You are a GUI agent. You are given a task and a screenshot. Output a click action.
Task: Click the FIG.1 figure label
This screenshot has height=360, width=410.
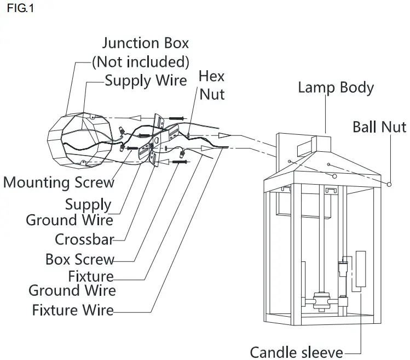[x=20, y=8]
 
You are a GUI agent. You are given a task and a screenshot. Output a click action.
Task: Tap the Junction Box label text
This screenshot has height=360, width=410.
[x=146, y=43]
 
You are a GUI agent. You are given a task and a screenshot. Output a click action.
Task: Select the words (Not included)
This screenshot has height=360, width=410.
[x=141, y=62]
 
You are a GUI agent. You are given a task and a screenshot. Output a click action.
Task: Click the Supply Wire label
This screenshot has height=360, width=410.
[x=146, y=81]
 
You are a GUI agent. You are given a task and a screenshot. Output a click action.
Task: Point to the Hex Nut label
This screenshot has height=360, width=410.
[x=211, y=85]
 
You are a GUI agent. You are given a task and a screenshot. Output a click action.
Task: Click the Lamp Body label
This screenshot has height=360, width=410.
[x=336, y=88]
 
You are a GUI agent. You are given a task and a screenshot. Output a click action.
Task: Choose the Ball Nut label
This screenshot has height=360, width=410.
[x=379, y=127]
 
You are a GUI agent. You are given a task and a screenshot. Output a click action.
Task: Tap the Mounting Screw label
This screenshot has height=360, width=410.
[x=59, y=182]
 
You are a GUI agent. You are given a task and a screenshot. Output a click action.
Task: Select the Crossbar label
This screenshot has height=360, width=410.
[x=84, y=239]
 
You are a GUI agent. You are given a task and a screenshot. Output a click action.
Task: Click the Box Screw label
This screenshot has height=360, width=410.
[x=80, y=259]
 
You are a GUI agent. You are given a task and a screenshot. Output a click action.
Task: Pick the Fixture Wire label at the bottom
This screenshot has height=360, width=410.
[x=73, y=310]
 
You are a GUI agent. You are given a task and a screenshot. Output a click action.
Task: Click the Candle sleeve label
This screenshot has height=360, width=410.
[x=297, y=352]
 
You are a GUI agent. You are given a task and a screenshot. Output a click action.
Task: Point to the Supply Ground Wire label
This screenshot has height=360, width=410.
[x=70, y=213]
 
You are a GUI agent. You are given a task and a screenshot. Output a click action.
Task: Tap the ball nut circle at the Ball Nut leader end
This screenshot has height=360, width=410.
[x=389, y=184]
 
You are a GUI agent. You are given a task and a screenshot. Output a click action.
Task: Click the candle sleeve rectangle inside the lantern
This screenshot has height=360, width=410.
[x=361, y=269]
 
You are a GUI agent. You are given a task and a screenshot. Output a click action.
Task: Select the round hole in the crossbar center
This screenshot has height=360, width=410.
[x=157, y=140]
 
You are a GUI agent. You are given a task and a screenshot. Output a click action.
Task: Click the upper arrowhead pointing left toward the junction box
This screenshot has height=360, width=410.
[x=135, y=118]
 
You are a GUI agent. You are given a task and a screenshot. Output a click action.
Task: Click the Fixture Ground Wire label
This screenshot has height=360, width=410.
[x=72, y=283]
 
